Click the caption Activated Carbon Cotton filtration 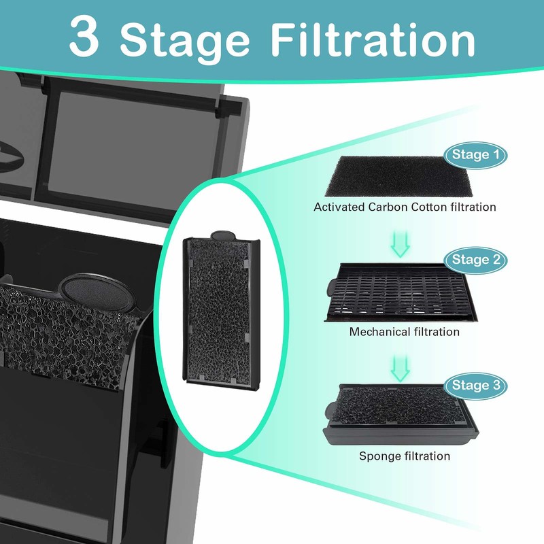(x=405, y=207)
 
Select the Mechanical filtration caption (x=404, y=332)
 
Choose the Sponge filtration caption (x=404, y=456)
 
